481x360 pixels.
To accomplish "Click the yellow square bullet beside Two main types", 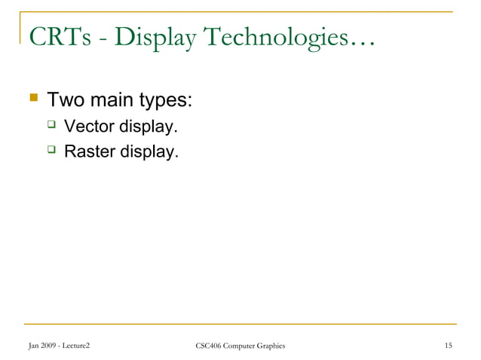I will coord(32,99).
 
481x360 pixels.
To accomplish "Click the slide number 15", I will coord(449,346).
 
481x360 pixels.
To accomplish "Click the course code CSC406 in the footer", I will coord(210,346).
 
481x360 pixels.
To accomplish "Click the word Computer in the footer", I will coord(239,346).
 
